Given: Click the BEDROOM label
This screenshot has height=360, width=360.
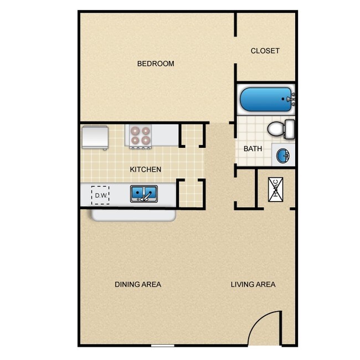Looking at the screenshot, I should pos(156,64).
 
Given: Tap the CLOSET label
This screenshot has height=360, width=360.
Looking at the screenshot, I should pos(265,51).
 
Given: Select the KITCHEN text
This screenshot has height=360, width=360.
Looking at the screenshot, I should pos(146,169).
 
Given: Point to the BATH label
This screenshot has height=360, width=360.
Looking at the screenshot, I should pos(253,149).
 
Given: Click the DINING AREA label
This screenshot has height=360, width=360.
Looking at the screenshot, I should pos(138,285).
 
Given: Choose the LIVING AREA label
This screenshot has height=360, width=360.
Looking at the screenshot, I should pos(253,285).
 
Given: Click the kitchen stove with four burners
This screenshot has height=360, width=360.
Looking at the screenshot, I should pos(140,136).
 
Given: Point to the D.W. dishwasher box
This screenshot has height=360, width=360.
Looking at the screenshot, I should pos(100,195).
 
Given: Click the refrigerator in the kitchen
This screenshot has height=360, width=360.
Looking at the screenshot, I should pos(95,137).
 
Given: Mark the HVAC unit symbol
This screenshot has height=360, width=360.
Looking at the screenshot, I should pos(276,189).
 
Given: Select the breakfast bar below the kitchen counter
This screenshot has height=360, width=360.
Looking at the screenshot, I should pos(133,215).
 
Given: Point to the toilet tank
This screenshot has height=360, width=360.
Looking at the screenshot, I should pos(289,130).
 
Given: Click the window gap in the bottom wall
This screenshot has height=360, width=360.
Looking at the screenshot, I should pos(162,346).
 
